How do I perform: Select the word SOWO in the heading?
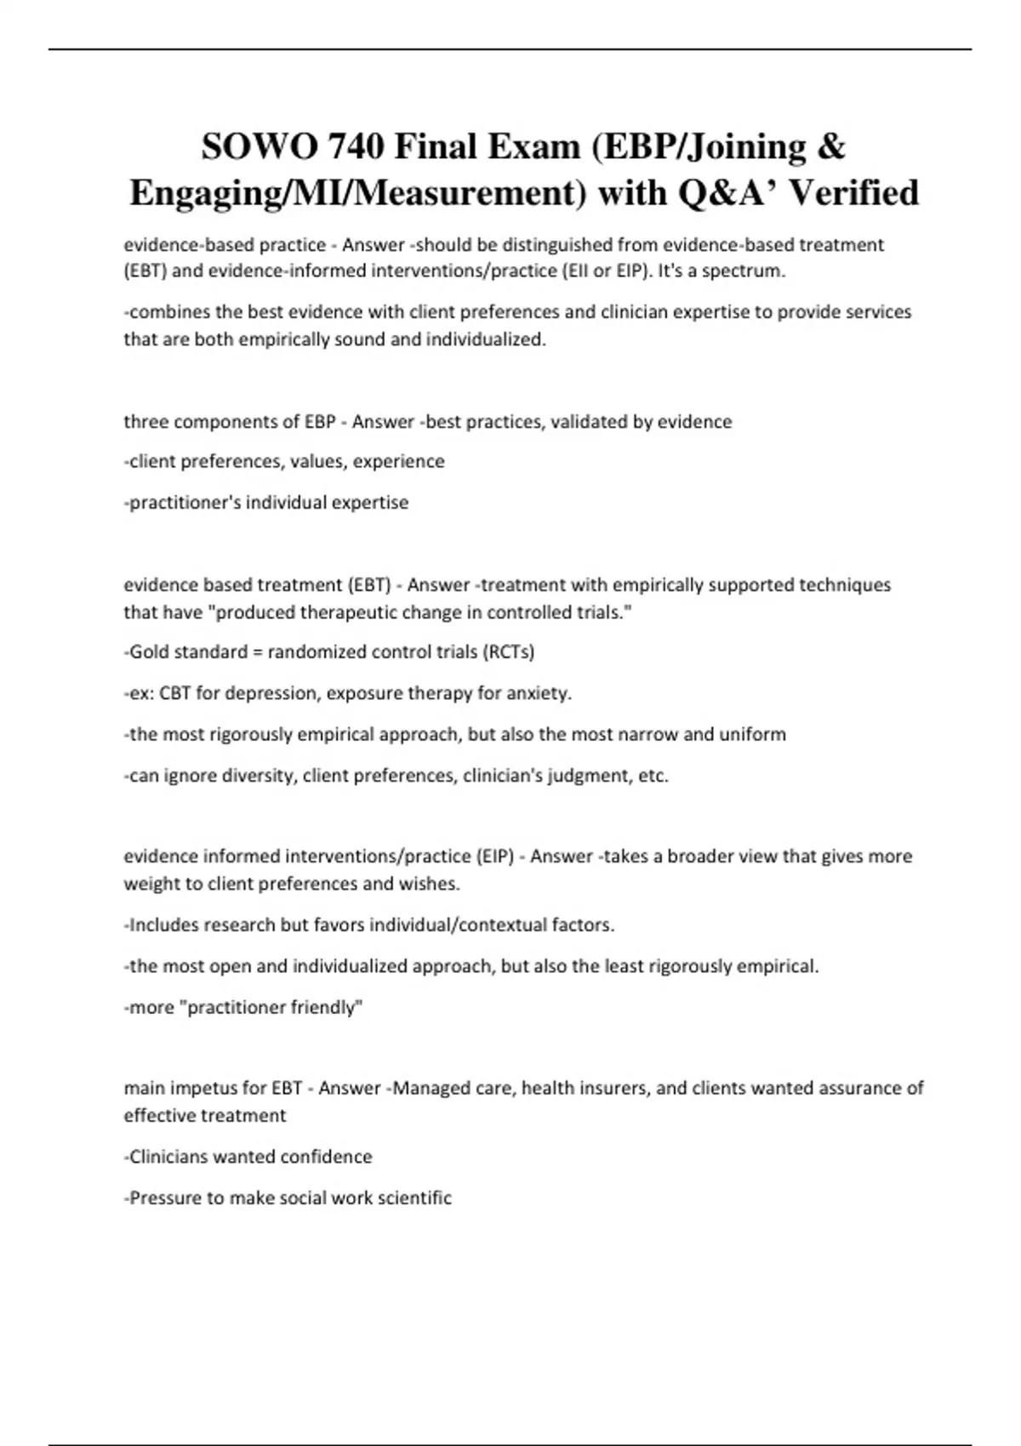(248, 146)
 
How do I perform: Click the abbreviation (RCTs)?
(508, 652)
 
